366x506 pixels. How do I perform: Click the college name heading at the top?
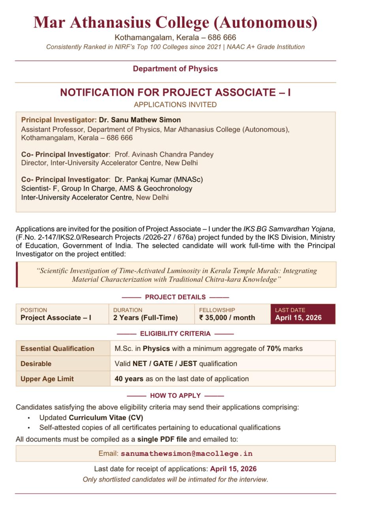[x=175, y=23]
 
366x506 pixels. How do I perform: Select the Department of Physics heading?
[x=175, y=69]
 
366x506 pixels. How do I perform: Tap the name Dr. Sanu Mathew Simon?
[x=140, y=120]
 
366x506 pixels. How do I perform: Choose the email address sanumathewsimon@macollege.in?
[x=186, y=453]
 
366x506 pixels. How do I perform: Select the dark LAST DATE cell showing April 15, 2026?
[x=303, y=314]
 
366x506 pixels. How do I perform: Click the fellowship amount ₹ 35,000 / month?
[x=227, y=318]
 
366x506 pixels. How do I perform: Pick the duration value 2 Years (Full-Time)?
[x=145, y=318]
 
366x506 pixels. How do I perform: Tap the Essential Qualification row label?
[x=57, y=349]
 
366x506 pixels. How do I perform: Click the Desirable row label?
[x=36, y=364]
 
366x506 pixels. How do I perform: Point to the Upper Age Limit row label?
[x=47, y=379]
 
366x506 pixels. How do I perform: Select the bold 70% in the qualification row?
[x=274, y=349]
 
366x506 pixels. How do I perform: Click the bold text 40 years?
[x=129, y=379]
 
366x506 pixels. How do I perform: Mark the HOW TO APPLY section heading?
[x=175, y=396]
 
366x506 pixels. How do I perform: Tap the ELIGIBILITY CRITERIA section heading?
[x=175, y=334]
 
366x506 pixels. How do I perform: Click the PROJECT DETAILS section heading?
[x=175, y=297]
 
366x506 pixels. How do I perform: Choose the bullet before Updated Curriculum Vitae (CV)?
[x=29, y=418]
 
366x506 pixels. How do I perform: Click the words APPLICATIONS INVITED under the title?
[x=175, y=105]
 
